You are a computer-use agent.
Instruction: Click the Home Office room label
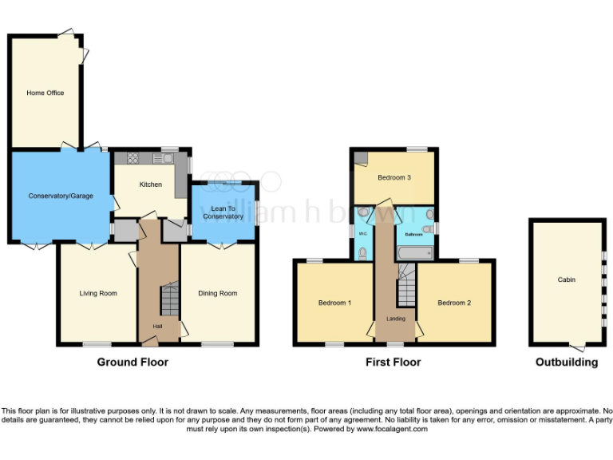[45, 93]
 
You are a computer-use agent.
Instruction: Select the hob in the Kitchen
[132, 158]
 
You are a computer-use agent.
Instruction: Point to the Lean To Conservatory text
[223, 212]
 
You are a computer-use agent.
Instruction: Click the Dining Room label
[218, 293]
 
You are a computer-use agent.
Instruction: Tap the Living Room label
[97, 293]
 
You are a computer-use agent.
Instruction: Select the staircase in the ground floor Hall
[168, 301]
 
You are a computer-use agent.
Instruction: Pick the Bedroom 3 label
[394, 177]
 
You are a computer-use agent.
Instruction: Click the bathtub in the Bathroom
[414, 252]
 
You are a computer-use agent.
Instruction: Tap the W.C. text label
[362, 234]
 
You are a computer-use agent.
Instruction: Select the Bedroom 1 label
[334, 303]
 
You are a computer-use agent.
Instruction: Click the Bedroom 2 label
[454, 303]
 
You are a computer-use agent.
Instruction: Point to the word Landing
[396, 319]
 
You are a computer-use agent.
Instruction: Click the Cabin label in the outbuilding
[566, 280]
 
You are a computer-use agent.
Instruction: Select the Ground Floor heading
[132, 362]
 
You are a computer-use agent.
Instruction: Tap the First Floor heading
[393, 362]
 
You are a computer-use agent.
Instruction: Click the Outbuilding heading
[566, 362]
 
